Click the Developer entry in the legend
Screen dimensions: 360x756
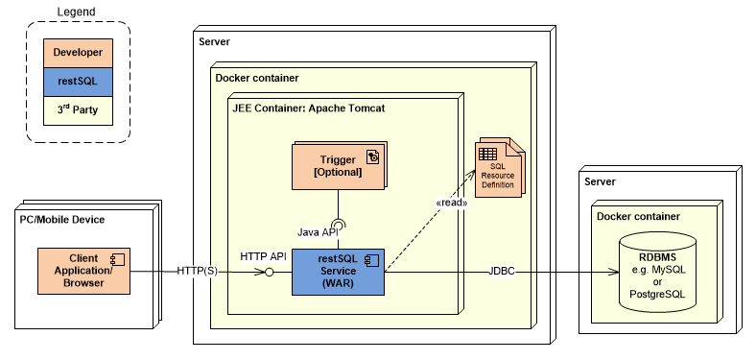pos(78,53)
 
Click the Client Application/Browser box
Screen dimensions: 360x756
pos(83,271)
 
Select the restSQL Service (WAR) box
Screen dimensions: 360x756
pos(337,272)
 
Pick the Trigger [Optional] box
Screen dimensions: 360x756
pos(337,165)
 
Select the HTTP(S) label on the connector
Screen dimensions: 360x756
pos(199,272)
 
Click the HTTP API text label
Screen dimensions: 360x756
pos(263,255)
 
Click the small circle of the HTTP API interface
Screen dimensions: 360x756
pos(271,273)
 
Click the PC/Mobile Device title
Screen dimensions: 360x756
pos(62,220)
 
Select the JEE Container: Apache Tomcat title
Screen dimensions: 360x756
pos(309,108)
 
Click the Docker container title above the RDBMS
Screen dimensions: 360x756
pos(638,217)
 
